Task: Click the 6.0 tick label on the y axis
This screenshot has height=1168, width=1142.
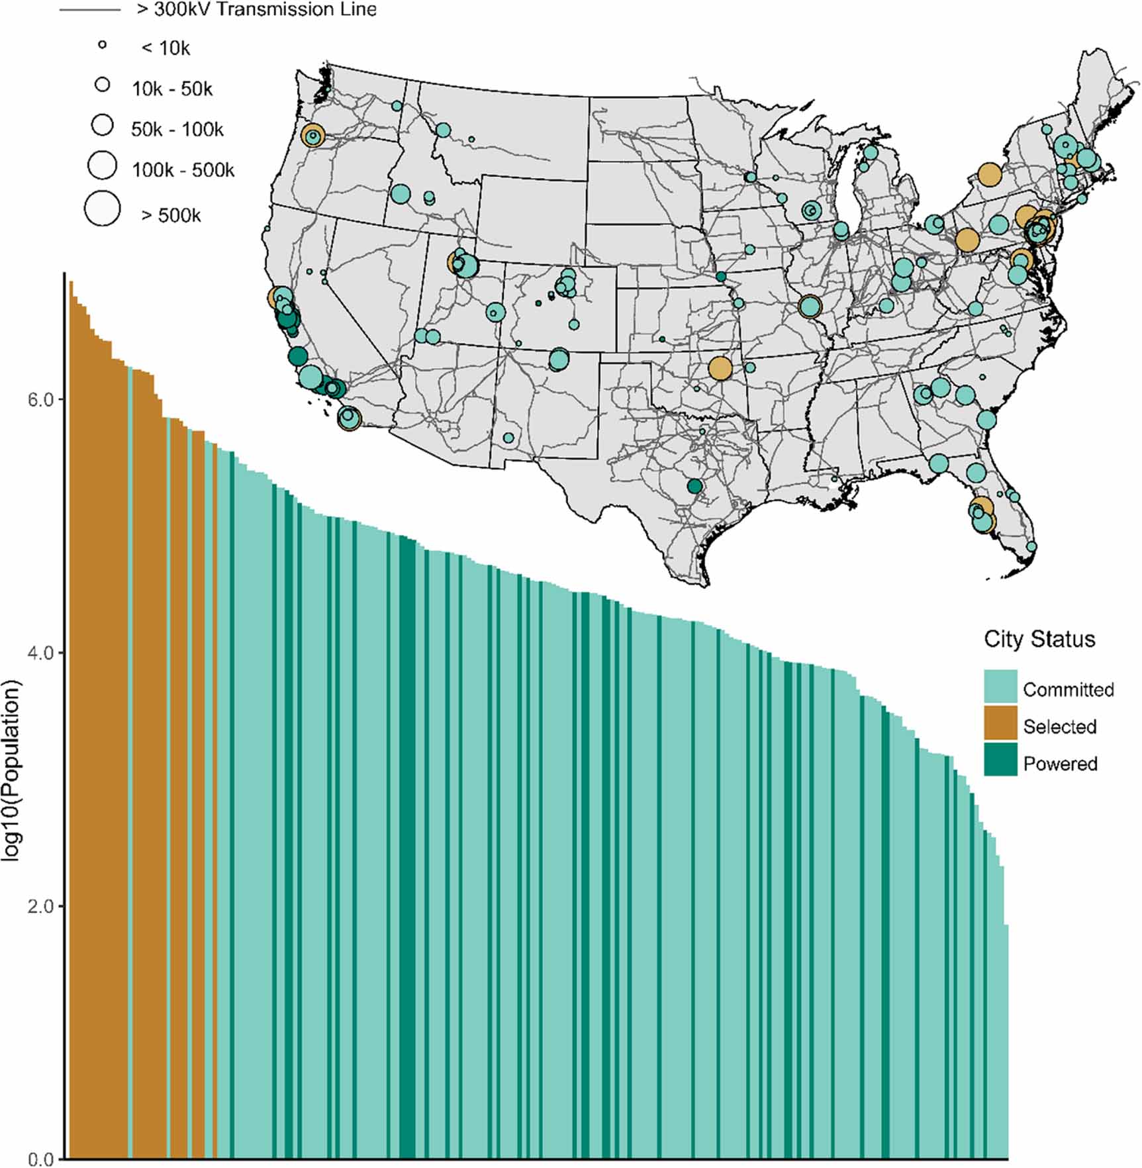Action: click(40, 401)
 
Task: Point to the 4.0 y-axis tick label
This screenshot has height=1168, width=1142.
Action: click(40, 654)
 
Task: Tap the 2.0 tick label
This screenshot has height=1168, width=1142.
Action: click(40, 906)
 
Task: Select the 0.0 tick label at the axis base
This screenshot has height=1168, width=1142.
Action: click(40, 1159)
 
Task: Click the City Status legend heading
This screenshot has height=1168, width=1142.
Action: click(1039, 639)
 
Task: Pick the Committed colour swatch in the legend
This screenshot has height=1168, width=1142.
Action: click(1000, 687)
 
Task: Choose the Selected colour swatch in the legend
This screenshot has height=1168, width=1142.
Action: click(1000, 724)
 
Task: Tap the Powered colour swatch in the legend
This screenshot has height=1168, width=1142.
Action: click(1000, 760)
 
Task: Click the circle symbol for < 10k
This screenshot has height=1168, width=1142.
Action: click(102, 45)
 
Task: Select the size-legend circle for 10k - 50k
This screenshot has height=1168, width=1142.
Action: click(102, 85)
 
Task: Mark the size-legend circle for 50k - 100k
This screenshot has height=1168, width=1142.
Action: click(102, 124)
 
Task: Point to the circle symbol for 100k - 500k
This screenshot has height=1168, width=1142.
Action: click(102, 166)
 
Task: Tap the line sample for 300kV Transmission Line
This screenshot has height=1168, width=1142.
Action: click(90, 10)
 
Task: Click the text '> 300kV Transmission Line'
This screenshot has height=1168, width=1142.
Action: click(257, 9)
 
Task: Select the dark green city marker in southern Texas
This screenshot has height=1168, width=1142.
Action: click(694, 487)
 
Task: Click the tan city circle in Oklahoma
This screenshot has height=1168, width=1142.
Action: click(720, 368)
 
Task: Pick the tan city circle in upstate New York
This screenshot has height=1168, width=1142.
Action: click(989, 175)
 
